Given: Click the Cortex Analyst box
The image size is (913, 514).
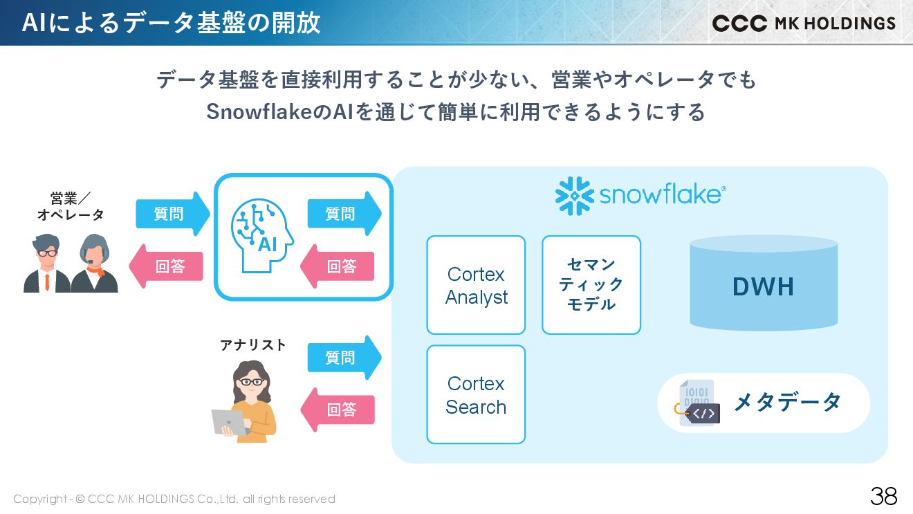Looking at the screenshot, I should [x=476, y=285].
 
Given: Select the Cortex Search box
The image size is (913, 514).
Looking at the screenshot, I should [x=476, y=394].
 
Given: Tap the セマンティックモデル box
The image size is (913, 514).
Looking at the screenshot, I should [x=591, y=285].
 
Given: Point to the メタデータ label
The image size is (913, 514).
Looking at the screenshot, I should [x=787, y=402].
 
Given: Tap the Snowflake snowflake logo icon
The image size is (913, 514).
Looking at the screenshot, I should [x=574, y=196].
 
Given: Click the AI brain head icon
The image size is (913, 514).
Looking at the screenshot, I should [x=261, y=235].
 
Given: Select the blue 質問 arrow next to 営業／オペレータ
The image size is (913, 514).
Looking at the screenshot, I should [x=172, y=214].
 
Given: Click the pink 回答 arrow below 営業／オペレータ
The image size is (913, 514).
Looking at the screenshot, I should [x=167, y=266].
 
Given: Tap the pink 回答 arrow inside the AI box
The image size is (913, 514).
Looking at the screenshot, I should [x=338, y=266].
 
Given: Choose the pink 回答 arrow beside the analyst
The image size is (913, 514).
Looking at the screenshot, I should [x=338, y=410].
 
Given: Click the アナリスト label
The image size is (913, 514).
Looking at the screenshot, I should [x=253, y=345].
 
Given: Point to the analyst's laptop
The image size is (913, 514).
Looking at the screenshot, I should [x=229, y=421].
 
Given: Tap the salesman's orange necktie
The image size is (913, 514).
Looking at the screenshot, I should [x=47, y=281].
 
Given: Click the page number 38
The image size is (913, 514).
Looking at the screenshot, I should [x=883, y=496].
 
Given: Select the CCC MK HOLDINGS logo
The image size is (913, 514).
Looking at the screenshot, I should [x=804, y=24].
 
